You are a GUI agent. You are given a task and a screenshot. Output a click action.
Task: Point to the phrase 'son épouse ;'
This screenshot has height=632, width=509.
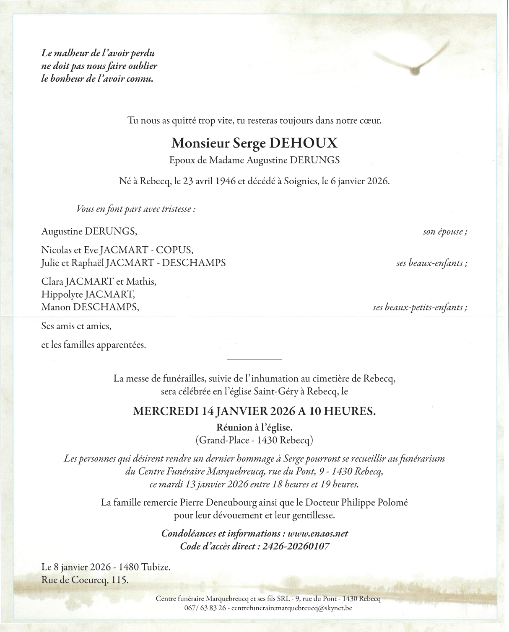[x=445, y=232]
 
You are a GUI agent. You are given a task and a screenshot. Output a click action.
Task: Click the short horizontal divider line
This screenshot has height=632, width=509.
[x=254, y=359]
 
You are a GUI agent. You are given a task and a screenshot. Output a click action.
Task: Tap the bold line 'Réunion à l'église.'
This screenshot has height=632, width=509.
[x=254, y=428]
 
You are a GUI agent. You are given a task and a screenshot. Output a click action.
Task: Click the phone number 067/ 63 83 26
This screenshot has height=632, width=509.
[x=205, y=608]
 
